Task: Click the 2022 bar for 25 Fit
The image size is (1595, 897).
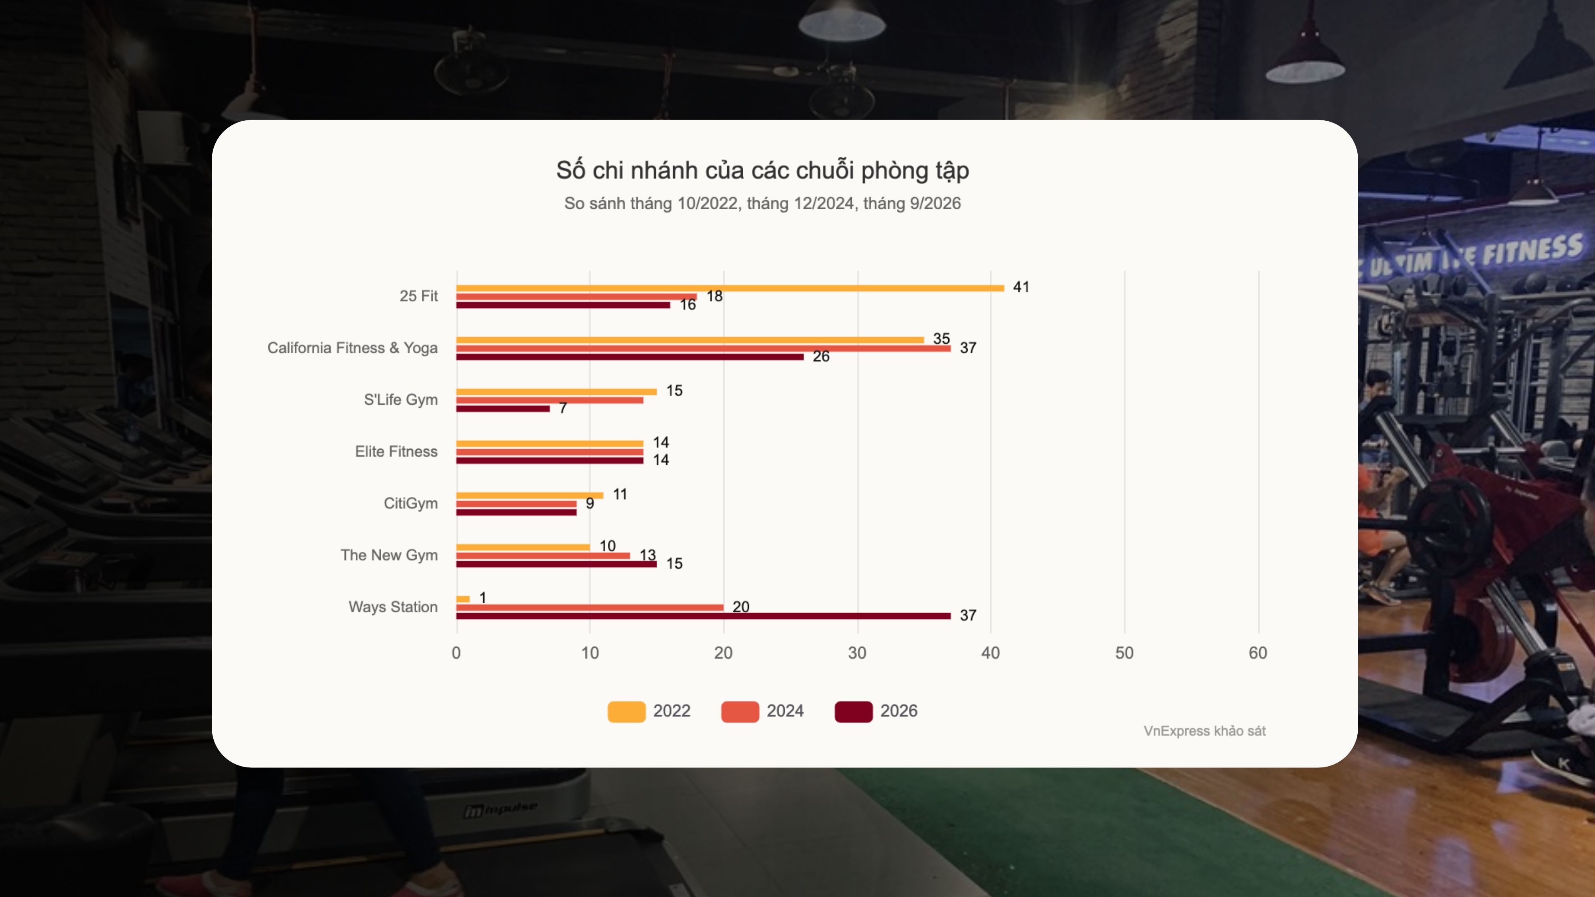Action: click(730, 288)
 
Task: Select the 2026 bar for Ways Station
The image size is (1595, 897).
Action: click(703, 616)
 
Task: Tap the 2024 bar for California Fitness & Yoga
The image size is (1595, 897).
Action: click(703, 348)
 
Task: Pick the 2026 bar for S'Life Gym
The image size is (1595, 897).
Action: click(503, 409)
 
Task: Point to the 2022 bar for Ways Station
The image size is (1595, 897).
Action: click(463, 599)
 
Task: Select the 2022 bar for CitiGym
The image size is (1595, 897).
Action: click(530, 495)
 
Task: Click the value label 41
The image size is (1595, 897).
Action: click(1021, 287)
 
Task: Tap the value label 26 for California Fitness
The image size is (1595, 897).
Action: click(821, 356)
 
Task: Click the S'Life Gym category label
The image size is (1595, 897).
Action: click(401, 400)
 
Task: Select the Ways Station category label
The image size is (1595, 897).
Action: click(393, 607)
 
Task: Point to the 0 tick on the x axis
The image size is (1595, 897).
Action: click(456, 653)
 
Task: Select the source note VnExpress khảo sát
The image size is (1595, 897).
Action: click(1204, 731)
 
